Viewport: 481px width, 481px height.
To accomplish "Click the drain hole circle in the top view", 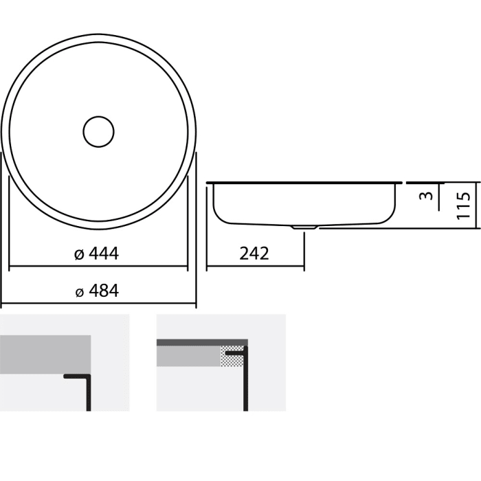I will [x=98, y=131].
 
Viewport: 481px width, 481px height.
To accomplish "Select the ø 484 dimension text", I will [x=97, y=291].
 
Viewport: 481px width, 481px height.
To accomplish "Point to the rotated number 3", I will [x=426, y=196].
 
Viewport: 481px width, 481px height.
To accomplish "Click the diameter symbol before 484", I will [x=79, y=291].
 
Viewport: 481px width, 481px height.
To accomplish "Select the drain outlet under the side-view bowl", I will [x=303, y=225].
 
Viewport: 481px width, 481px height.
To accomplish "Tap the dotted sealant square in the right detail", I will [x=231, y=357].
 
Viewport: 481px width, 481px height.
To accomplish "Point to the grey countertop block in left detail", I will [x=45, y=354].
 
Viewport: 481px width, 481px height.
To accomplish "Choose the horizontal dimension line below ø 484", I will [x=98, y=304].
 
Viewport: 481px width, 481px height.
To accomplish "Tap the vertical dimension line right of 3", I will [x=440, y=196].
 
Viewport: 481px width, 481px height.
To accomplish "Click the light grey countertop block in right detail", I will [x=188, y=356].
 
